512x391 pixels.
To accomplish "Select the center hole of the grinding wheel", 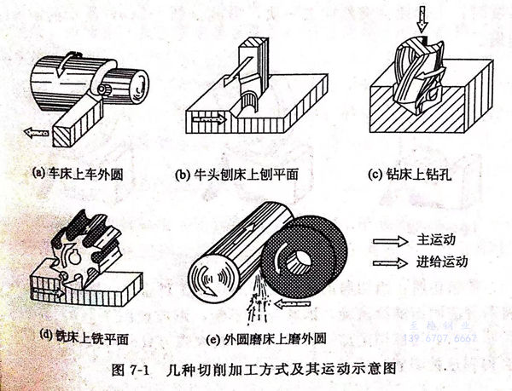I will [300, 261].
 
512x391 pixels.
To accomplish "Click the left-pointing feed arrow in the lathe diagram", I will [36, 132].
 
